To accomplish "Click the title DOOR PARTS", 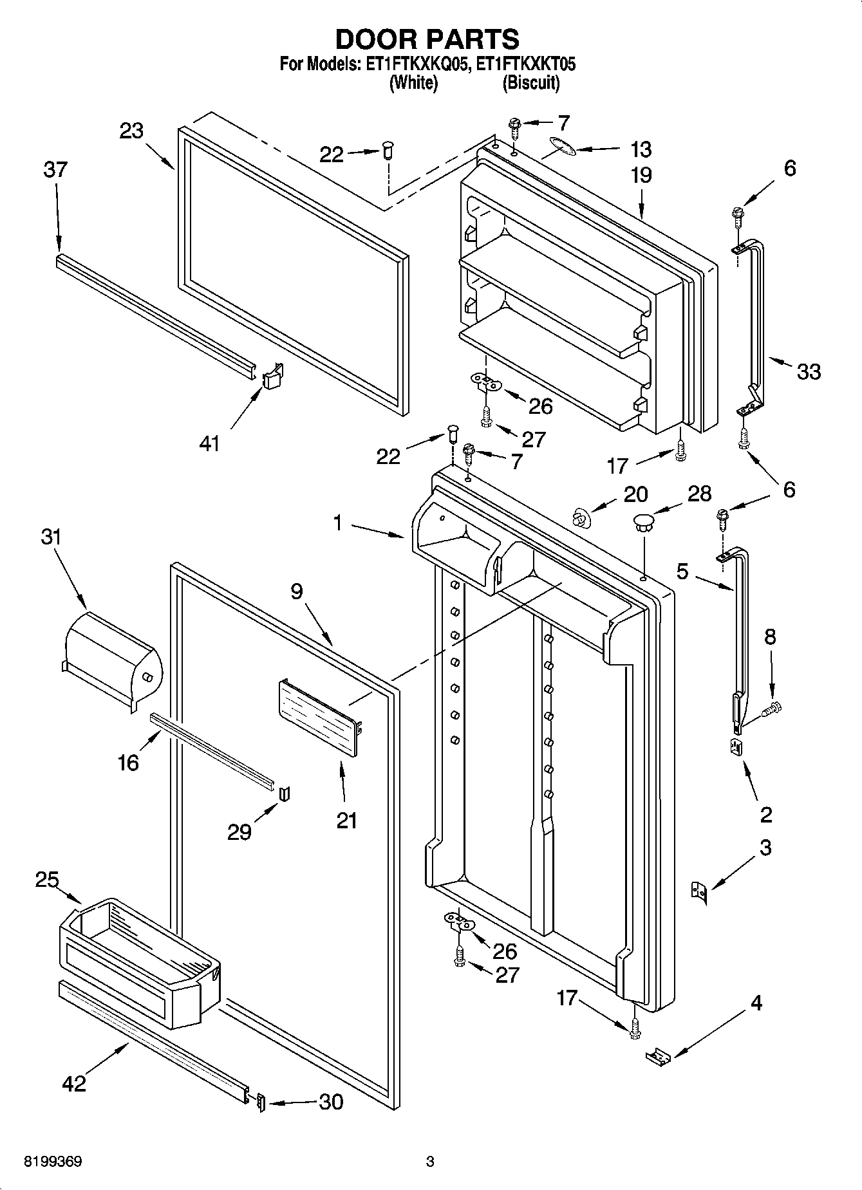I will (427, 39).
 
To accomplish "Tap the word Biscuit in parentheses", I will (530, 83).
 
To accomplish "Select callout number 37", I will (56, 170).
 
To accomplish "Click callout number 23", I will (131, 131).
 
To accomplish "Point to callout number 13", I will (641, 149).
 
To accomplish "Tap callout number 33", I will (809, 371).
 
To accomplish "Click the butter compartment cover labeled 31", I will (113, 658).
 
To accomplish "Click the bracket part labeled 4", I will (658, 1054).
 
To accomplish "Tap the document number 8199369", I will (53, 1162).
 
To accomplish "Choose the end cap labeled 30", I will (260, 1102).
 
